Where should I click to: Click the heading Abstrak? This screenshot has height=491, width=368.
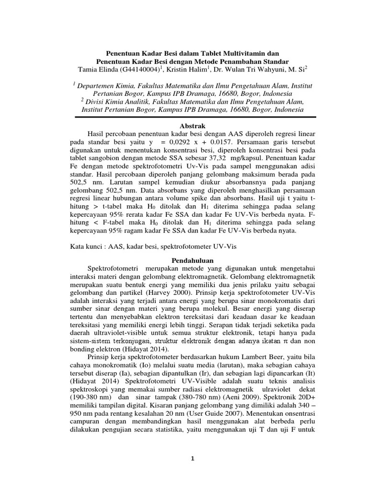point(184,125)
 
